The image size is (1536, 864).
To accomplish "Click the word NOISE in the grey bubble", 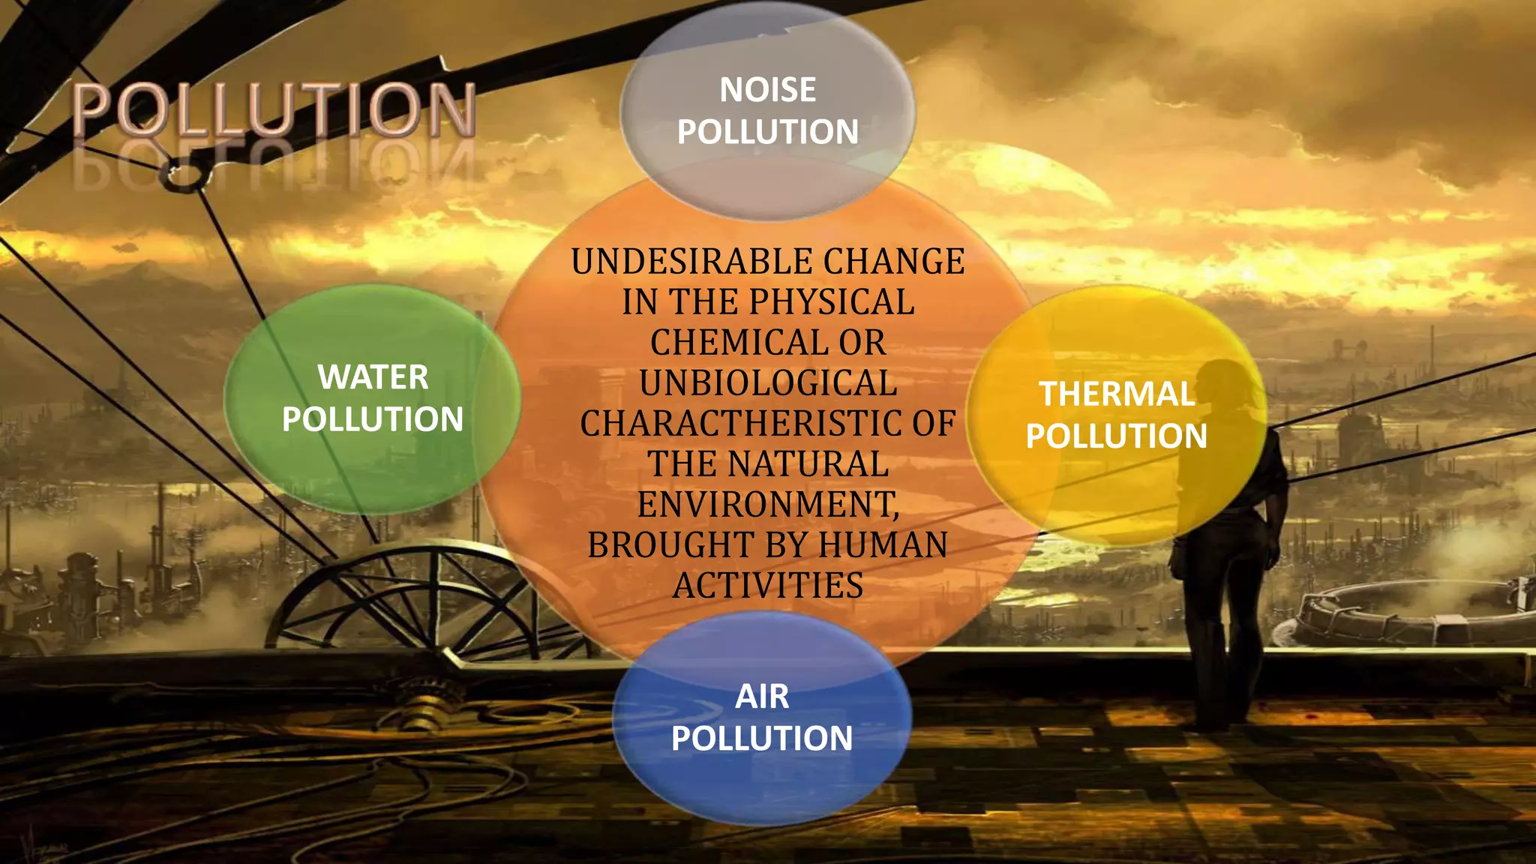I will (767, 90).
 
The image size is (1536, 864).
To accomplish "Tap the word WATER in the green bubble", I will (373, 376).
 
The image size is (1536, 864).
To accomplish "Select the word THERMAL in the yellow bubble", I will (1117, 394).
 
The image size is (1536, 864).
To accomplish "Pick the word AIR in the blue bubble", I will (762, 697).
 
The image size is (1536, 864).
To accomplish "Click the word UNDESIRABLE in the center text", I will (691, 262).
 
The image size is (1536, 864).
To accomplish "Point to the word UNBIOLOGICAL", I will (768, 383).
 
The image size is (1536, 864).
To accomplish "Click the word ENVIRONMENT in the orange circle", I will (766, 505).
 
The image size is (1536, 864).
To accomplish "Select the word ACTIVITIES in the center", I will (768, 586).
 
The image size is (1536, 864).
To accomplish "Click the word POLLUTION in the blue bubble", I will (762, 739).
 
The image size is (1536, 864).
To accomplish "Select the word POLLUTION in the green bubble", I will (373, 419).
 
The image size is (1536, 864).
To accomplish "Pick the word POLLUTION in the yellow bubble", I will (1117, 436).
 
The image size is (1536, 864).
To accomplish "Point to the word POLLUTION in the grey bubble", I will (767, 132).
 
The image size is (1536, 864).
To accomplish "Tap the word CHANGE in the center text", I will (894, 262).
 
